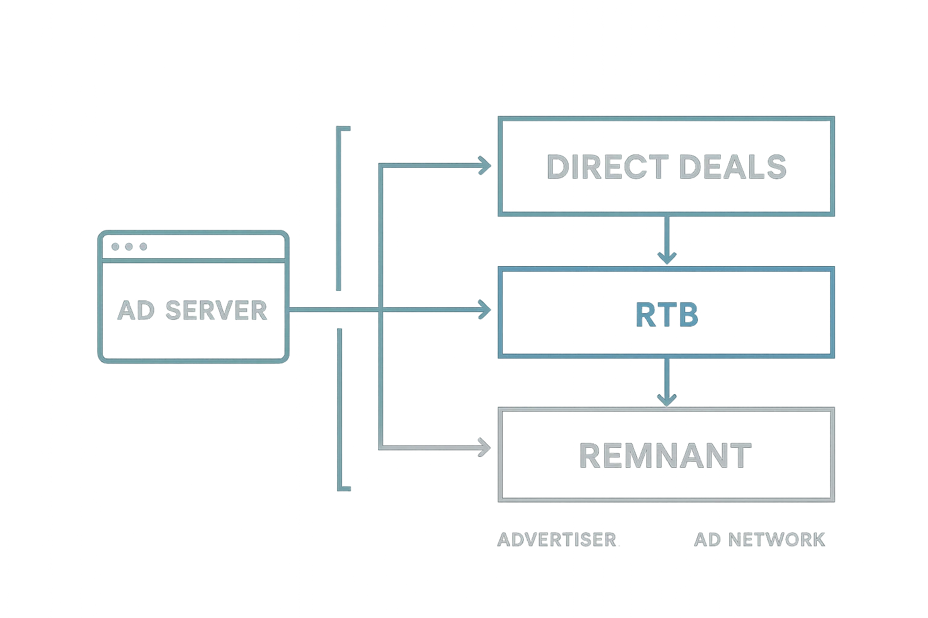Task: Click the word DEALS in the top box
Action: coord(732,167)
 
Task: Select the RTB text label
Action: coord(667,314)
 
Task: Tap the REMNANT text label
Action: coord(666,456)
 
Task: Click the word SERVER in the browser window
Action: coord(216,310)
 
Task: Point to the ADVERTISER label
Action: coord(556,540)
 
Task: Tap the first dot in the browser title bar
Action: coord(115,246)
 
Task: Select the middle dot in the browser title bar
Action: coord(129,246)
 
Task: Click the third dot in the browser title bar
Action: coord(143,246)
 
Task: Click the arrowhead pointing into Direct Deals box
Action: coord(485,164)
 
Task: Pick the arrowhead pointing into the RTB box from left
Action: coord(485,310)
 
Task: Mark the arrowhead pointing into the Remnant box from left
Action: coord(485,448)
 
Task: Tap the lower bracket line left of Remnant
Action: coord(339,410)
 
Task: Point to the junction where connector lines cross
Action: coord(380,309)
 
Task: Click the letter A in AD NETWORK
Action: coord(701,540)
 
